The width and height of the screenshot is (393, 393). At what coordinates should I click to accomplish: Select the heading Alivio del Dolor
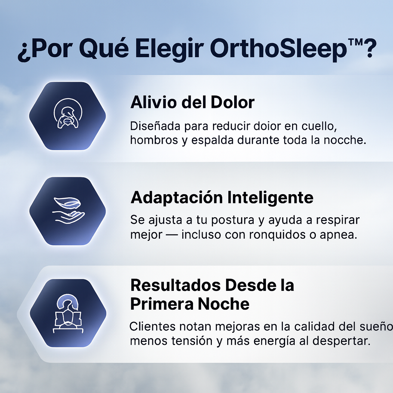[x=192, y=102]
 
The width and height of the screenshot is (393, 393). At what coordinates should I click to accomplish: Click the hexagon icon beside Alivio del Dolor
[x=68, y=116]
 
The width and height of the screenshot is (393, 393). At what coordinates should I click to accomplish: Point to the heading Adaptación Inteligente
[x=222, y=198]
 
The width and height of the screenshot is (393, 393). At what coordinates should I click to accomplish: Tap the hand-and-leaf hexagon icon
[x=68, y=211]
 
